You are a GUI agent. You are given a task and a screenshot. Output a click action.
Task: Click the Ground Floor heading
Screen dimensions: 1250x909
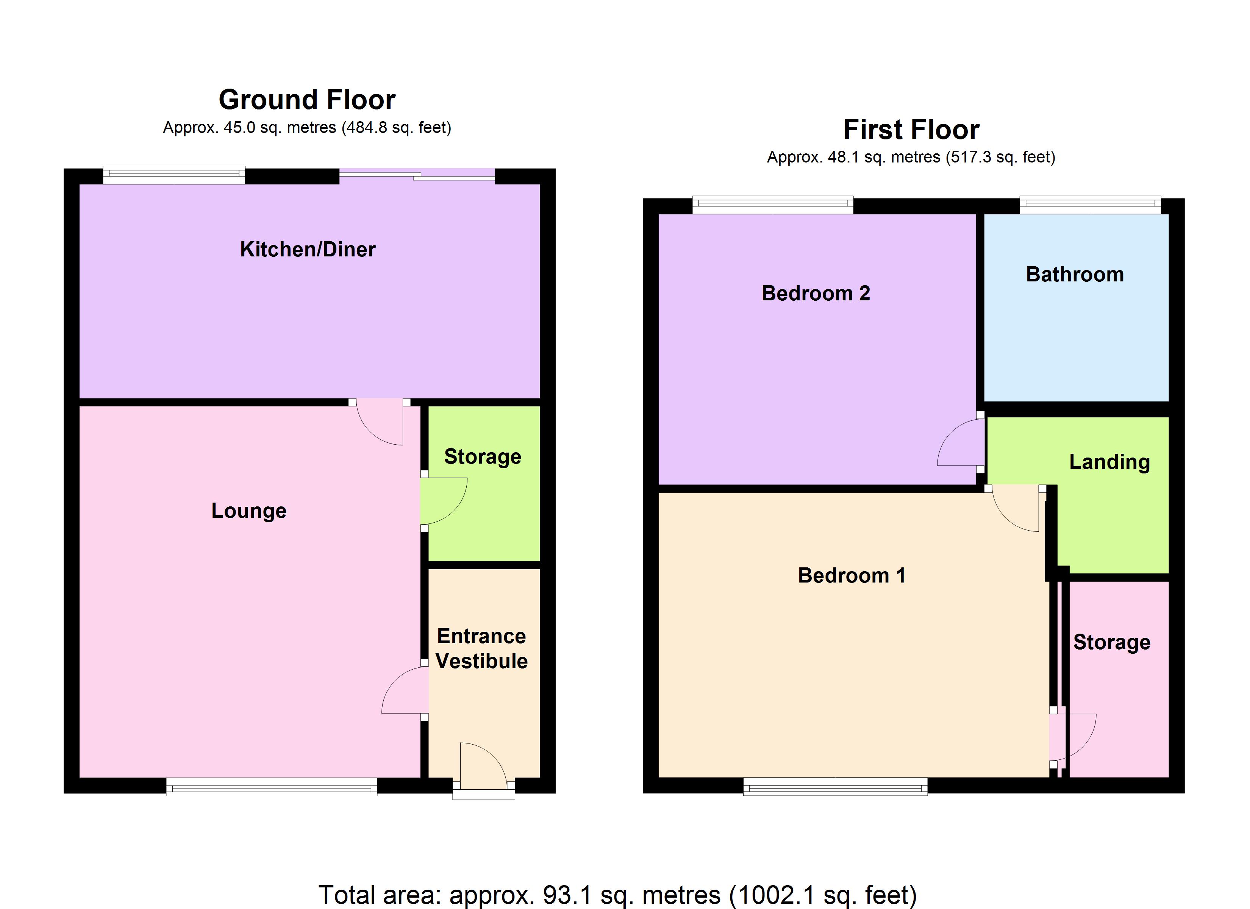pyautogui.click(x=307, y=100)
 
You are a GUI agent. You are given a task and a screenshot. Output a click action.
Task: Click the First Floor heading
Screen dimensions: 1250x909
pyautogui.click(x=911, y=130)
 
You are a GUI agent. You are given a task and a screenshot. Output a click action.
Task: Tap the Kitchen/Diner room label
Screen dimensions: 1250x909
pyautogui.click(x=308, y=250)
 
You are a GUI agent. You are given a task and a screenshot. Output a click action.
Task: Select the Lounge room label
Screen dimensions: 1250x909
pyautogui.click(x=249, y=511)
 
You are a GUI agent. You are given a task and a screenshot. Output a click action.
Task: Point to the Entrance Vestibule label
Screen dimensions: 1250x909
pyautogui.click(x=482, y=648)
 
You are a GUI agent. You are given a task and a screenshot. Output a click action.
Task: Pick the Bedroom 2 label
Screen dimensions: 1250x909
pyautogui.click(x=816, y=293)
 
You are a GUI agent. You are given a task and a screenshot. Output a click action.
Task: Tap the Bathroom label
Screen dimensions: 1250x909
pyautogui.click(x=1075, y=275)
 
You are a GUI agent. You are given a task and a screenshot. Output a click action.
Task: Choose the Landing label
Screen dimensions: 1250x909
pyautogui.click(x=1109, y=462)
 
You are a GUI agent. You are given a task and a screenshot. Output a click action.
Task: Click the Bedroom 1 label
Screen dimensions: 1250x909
pyautogui.click(x=852, y=575)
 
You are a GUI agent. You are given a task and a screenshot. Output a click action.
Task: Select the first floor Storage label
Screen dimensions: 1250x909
pyautogui.click(x=1112, y=642)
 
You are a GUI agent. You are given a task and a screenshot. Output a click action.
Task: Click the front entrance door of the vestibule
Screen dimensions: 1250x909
pyautogui.click(x=483, y=767)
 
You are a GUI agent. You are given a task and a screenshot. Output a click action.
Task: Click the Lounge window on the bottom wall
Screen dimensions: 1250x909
pyautogui.click(x=272, y=787)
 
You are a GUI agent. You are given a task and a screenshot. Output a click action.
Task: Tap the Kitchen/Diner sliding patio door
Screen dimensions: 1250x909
pyautogui.click(x=417, y=174)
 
